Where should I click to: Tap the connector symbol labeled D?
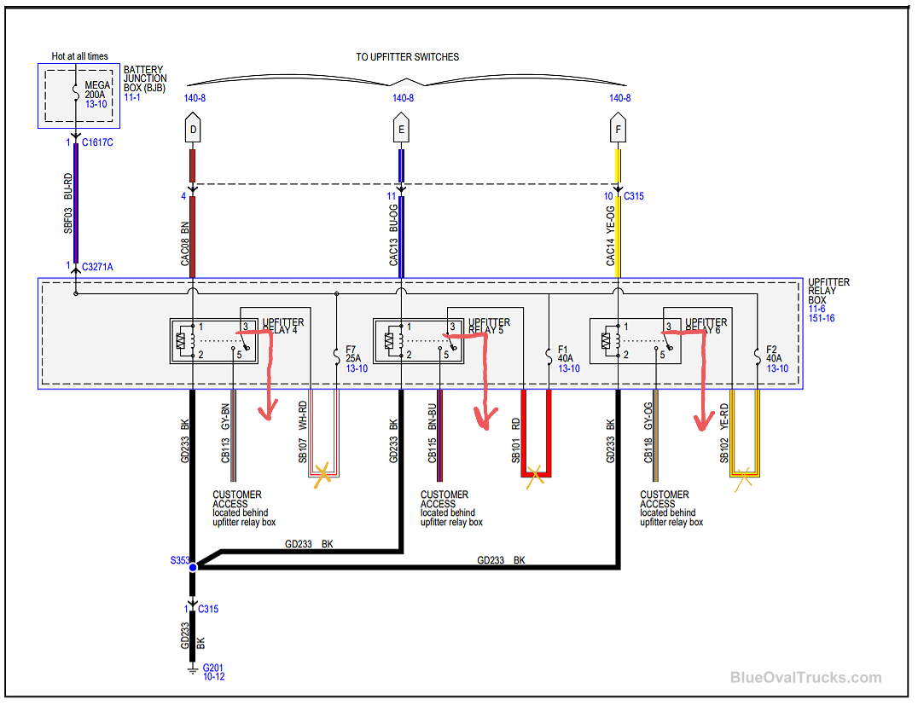pos(193,130)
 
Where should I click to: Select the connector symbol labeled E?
pos(401,130)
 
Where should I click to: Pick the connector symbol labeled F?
pos(619,130)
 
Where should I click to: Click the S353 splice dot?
pos(193,567)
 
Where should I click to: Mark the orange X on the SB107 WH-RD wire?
pos(323,474)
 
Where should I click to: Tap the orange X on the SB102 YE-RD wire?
pos(744,478)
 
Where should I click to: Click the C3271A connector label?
pos(97,267)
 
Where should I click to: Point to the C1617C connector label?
pos(97,142)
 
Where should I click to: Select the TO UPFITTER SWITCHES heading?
pos(407,57)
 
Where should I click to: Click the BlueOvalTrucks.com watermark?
pos(805,678)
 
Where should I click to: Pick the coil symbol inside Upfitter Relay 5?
pos(391,340)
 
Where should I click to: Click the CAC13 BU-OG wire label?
pos(393,234)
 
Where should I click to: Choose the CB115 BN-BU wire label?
pos(432,438)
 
